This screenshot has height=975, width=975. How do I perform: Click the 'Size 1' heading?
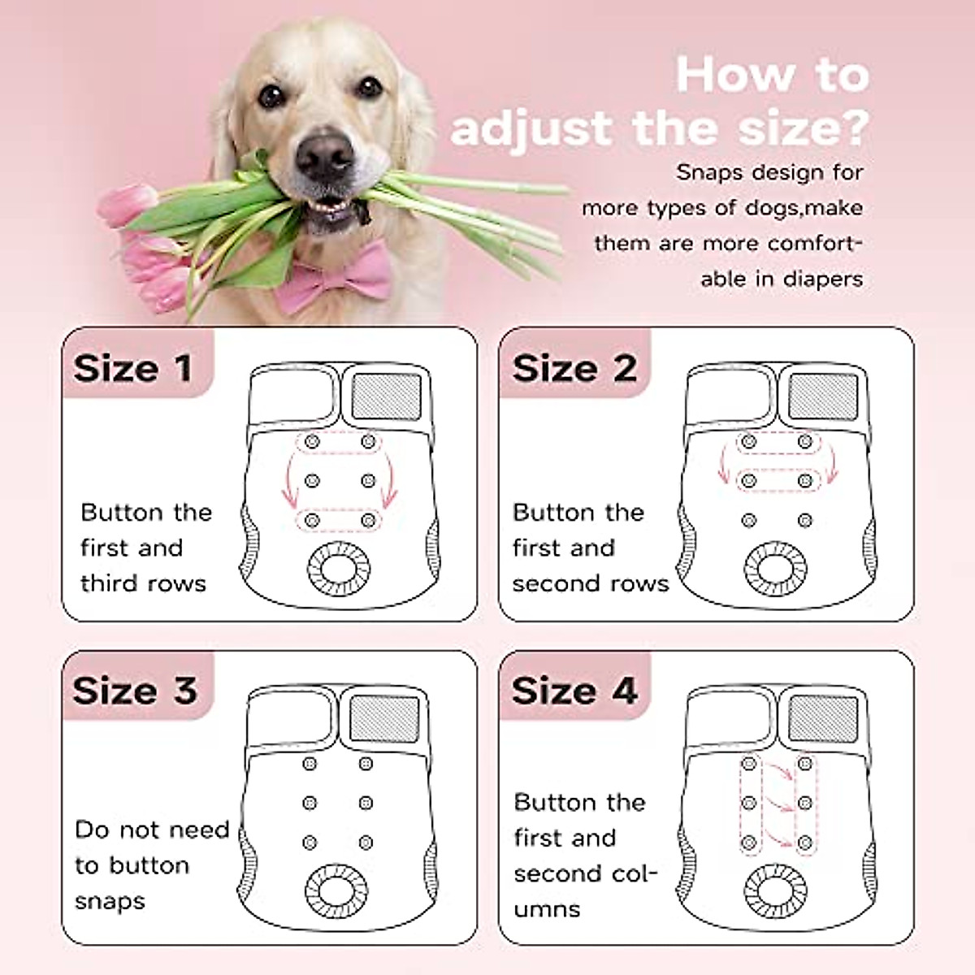[133, 368]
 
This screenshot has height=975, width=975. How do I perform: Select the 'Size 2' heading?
[574, 368]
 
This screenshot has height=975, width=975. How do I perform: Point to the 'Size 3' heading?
[135, 691]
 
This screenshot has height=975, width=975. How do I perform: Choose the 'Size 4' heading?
[574, 691]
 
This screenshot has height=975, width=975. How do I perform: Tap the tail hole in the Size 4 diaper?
[777, 891]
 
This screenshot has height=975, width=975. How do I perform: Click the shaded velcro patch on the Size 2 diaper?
[823, 395]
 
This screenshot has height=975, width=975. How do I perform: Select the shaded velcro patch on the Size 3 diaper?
[385, 717]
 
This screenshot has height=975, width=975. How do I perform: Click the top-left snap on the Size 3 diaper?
[310, 764]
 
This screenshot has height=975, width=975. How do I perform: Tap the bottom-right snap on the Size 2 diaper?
[805, 521]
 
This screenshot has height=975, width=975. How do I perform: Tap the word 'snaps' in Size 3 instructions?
[110, 901]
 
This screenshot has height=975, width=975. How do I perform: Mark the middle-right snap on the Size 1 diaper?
[369, 481]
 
